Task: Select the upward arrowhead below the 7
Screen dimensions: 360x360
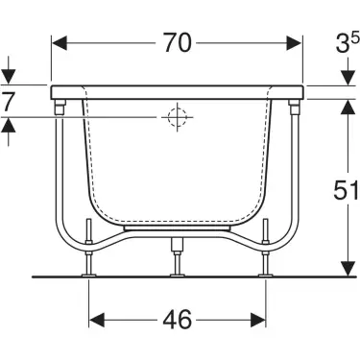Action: click(9, 125)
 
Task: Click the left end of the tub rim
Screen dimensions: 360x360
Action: click(52, 90)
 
